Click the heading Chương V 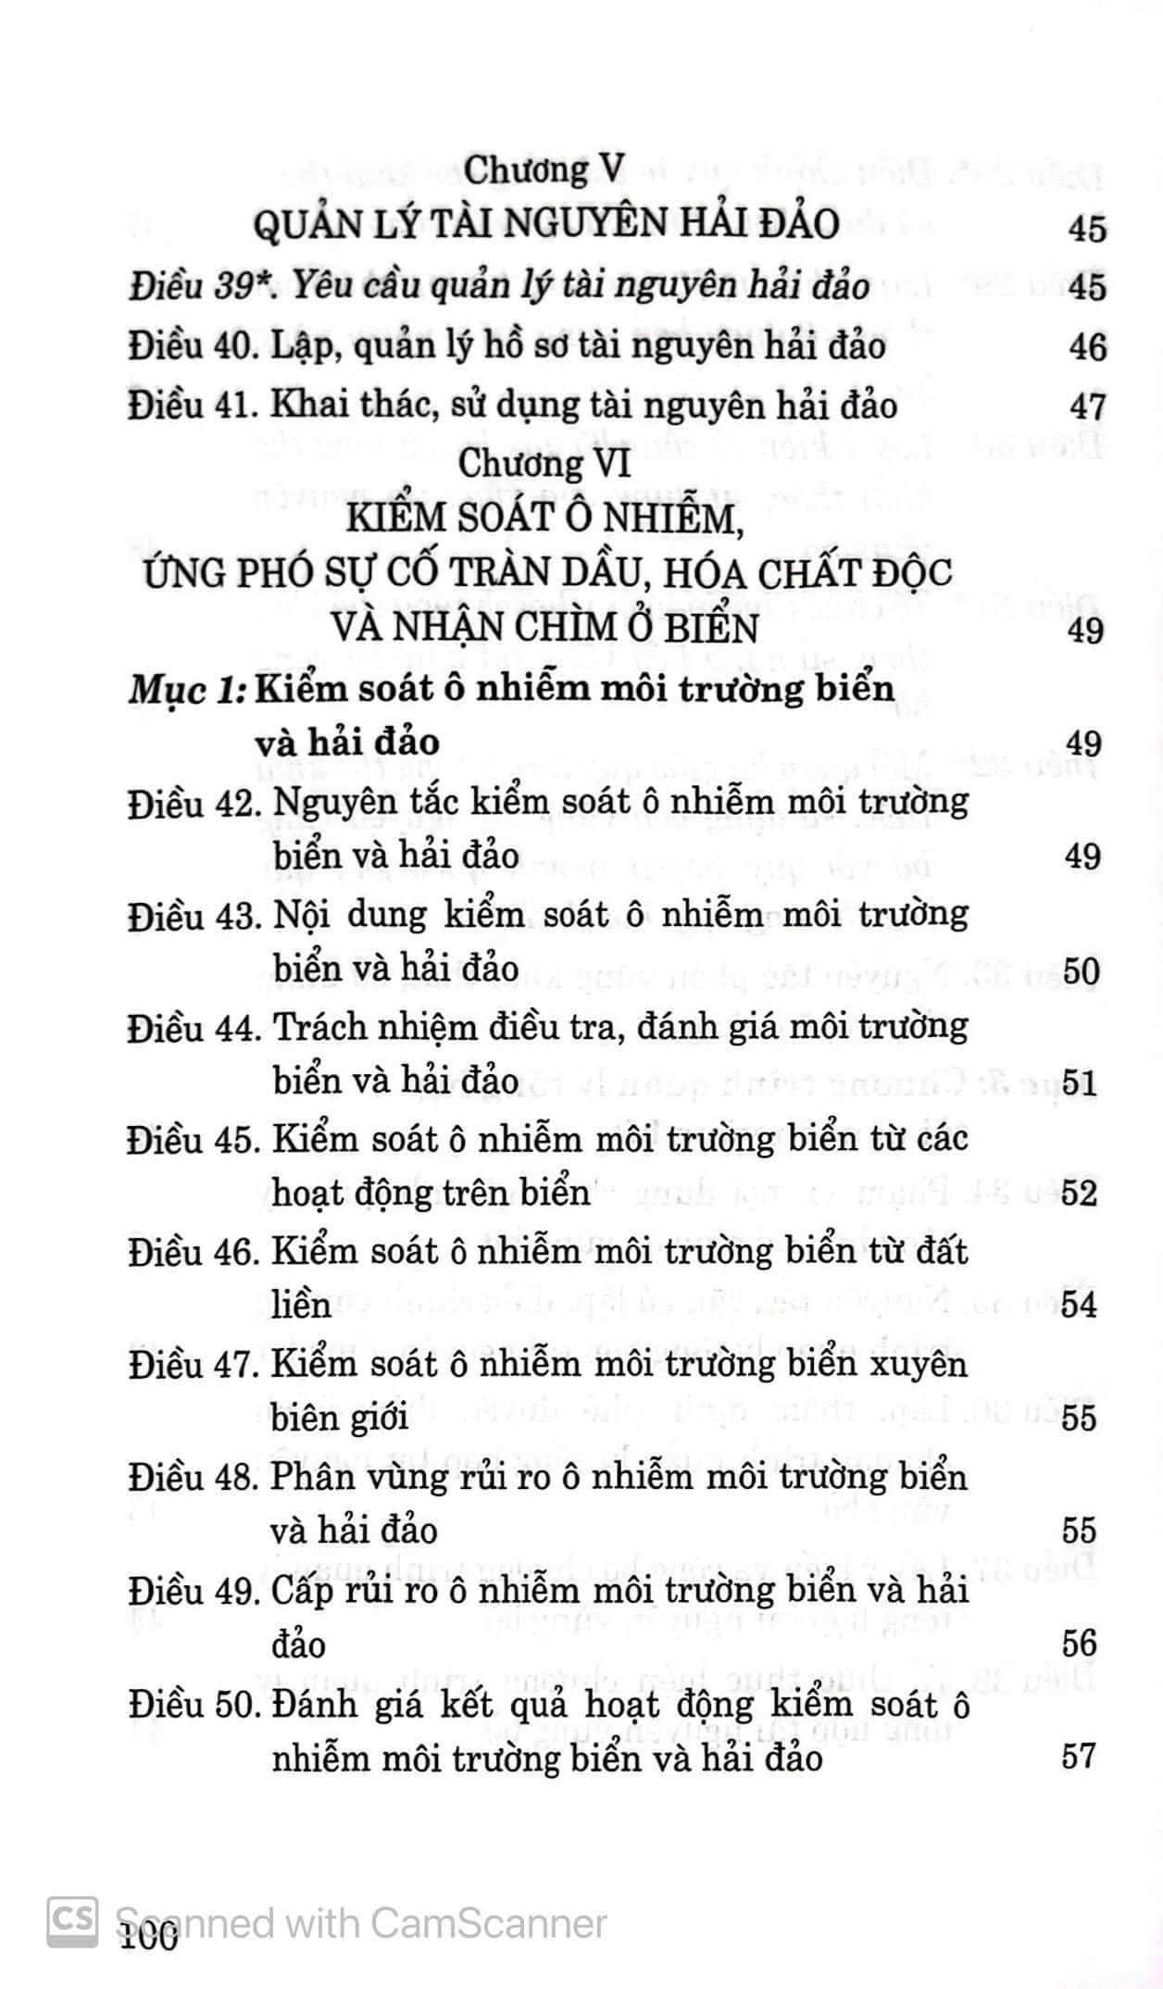click(x=544, y=169)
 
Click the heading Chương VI click(x=544, y=463)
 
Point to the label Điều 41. click(x=191, y=407)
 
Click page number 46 click(x=1086, y=348)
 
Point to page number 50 click(x=1081, y=971)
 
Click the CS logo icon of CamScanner click(x=72, y=1920)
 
